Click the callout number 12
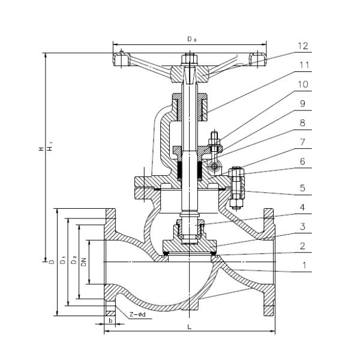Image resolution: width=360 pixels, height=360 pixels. [302, 46]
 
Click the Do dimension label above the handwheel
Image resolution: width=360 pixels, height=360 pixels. [191, 39]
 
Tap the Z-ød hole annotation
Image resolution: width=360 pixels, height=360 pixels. [137, 314]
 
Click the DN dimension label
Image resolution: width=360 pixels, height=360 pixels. [84, 262]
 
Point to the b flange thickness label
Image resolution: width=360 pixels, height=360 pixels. [110, 320]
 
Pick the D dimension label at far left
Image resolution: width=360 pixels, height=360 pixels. [52, 262]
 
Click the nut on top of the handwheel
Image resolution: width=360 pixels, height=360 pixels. [188, 59]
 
